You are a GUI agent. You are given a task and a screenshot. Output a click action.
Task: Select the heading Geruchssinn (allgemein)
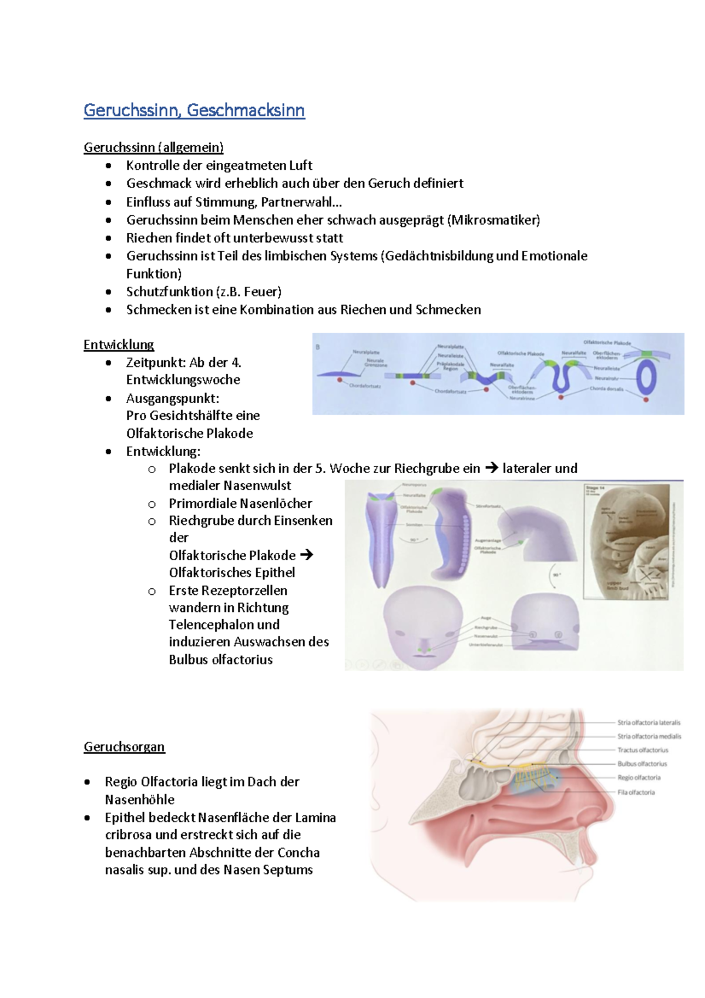tap(153, 147)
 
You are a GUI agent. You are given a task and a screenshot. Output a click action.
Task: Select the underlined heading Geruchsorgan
tap(124, 746)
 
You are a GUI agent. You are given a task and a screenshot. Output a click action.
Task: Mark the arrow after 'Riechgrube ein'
tap(491, 468)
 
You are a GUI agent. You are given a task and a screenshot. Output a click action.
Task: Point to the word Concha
tap(298, 852)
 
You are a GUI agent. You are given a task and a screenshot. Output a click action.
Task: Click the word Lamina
tap(315, 818)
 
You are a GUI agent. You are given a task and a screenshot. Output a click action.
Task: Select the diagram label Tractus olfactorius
tap(643, 750)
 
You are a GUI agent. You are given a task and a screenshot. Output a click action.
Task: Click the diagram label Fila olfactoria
tap(636, 792)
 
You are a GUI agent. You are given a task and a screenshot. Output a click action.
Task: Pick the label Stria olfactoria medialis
tap(649, 736)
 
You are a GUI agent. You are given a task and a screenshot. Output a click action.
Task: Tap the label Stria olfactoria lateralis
tap(649, 722)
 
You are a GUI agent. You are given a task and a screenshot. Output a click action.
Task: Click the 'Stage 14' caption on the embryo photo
tap(595, 488)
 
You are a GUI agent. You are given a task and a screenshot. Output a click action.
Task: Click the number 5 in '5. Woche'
tap(319, 468)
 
